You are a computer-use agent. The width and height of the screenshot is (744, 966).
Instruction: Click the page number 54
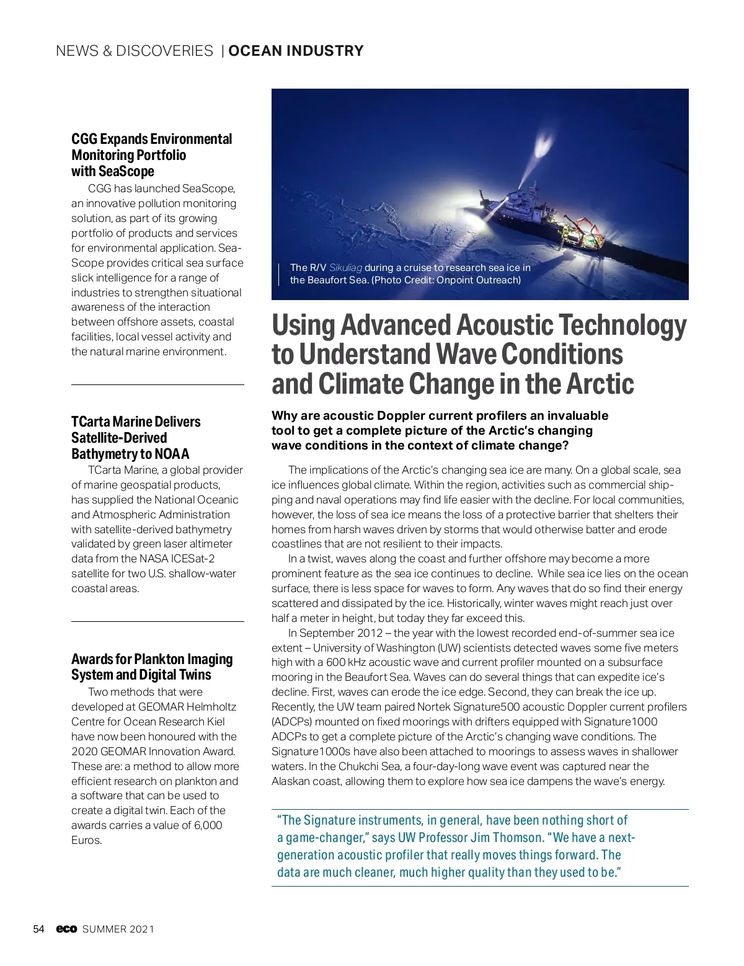(x=38, y=929)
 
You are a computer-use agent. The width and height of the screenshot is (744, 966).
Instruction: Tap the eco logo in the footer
(x=66, y=929)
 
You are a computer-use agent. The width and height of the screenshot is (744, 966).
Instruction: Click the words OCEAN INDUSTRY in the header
(x=296, y=51)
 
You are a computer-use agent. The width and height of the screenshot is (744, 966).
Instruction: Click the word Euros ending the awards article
(x=86, y=841)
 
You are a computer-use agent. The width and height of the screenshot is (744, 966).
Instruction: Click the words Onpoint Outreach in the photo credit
(x=477, y=280)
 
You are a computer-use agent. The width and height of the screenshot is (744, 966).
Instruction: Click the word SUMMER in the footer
(x=104, y=929)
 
